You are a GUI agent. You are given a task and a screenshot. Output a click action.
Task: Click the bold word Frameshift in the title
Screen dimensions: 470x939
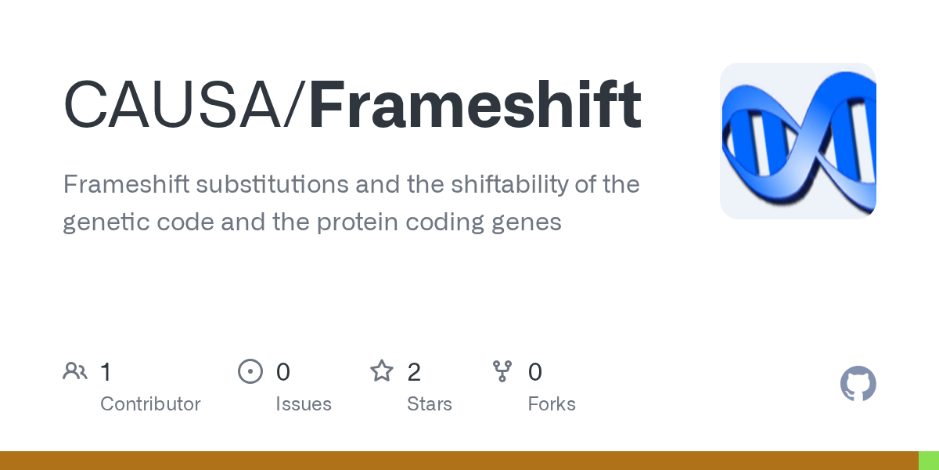pos(475,105)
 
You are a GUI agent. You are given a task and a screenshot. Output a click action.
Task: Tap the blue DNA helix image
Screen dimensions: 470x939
pos(797,141)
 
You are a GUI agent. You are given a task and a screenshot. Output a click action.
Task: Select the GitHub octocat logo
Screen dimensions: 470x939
pos(858,384)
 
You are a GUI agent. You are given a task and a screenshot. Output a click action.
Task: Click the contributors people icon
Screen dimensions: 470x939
pos(75,371)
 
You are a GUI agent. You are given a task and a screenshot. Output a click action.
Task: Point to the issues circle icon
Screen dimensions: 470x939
pos(250,371)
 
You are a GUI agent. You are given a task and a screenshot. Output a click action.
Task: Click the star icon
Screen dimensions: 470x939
pos(381,371)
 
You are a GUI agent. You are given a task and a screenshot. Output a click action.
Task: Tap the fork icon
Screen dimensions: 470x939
pos(502,371)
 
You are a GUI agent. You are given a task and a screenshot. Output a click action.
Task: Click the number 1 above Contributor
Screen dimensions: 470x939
pos(106,372)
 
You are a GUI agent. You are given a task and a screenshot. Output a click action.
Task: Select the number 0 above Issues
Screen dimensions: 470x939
pos(282,372)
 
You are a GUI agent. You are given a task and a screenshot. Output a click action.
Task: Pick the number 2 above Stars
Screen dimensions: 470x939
pos(414,372)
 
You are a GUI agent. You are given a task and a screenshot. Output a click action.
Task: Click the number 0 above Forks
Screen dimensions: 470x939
pos(534,372)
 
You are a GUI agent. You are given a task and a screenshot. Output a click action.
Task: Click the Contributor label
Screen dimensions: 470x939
pos(150,404)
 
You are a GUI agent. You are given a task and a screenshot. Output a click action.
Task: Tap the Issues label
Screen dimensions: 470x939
pos(303,404)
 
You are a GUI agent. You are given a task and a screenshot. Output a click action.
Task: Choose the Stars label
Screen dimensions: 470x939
pos(429,404)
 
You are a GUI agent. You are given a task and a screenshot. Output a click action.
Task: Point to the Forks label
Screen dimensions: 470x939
pos(551,404)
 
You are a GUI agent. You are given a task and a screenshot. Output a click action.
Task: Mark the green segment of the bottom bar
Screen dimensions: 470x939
pos(928,461)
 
